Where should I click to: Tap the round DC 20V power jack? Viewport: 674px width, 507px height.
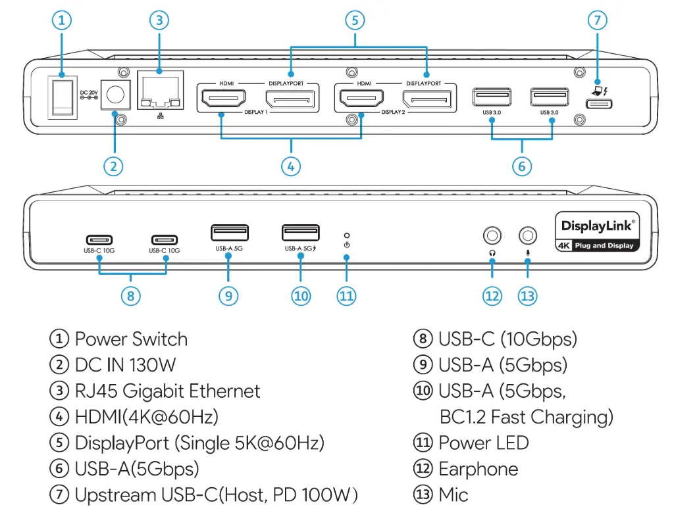coord(116,96)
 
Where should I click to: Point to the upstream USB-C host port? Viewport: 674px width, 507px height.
coord(598,103)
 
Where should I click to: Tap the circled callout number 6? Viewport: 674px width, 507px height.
coord(521,166)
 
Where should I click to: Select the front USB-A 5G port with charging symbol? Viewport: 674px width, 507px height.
coord(301,233)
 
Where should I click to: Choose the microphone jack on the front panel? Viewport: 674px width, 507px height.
coord(528,235)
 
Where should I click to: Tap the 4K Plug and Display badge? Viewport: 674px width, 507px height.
coord(597,245)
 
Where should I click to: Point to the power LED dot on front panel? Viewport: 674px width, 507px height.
coord(347,235)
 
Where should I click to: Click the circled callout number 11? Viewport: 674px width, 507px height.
coord(346,296)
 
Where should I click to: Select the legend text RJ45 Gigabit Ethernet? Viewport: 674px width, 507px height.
coord(167,391)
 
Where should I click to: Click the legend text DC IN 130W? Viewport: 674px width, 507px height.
coord(125,365)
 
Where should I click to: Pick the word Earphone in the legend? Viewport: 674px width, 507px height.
coord(478,469)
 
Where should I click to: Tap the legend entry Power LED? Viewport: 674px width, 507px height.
coord(483,443)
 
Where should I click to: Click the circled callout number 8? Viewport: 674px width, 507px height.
coord(130,296)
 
